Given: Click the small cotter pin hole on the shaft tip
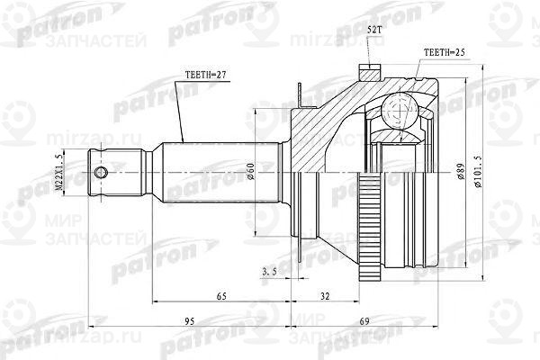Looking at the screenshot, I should tap(102, 172).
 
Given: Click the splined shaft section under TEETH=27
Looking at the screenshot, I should tap(216, 171).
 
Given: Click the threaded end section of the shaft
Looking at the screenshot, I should tap(121, 172).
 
